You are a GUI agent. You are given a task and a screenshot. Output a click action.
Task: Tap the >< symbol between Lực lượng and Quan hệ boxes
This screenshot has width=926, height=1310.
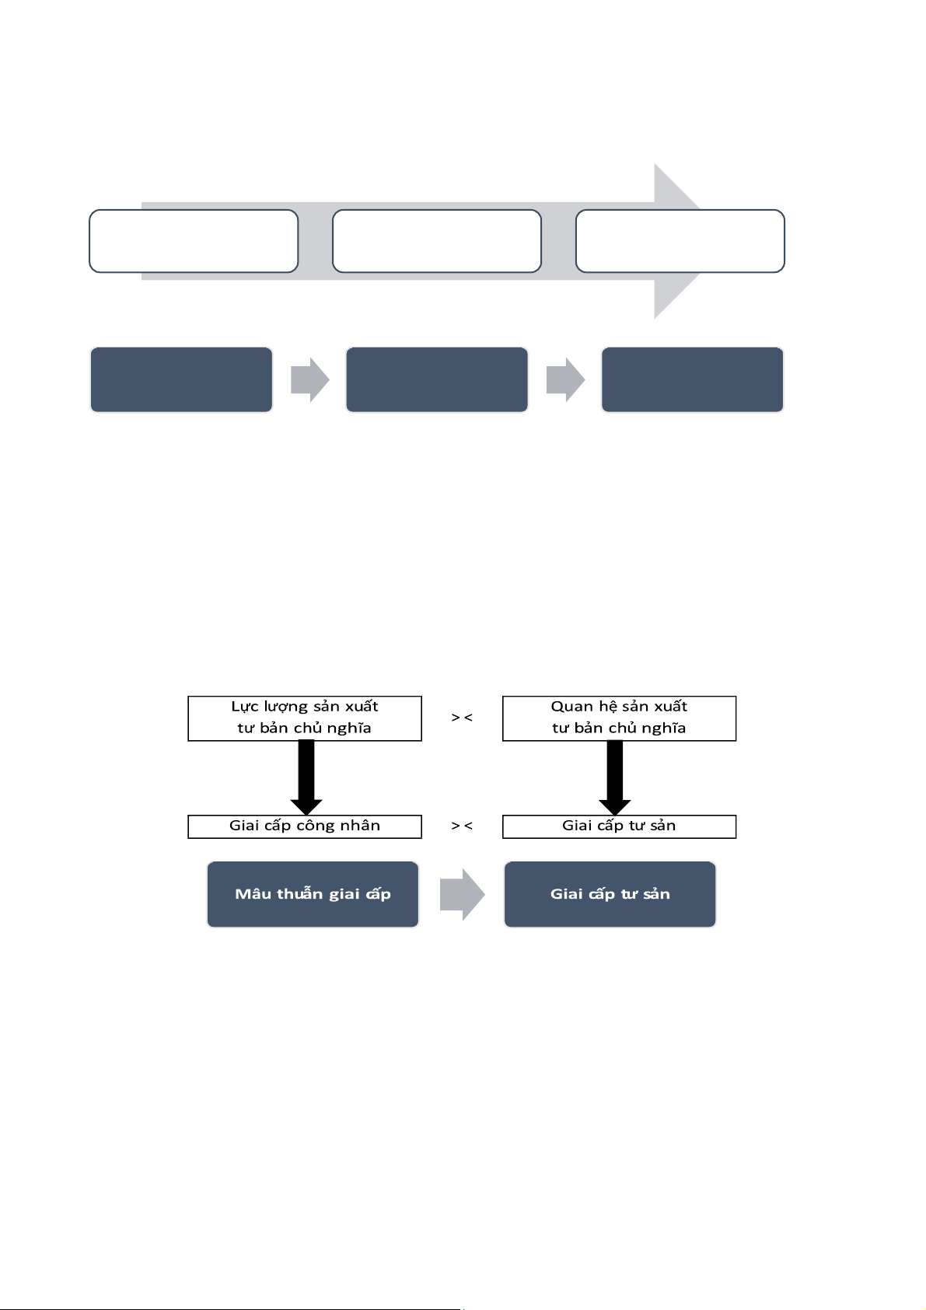tap(462, 717)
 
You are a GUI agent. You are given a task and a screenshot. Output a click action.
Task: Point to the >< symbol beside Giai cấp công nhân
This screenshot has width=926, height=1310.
tap(462, 826)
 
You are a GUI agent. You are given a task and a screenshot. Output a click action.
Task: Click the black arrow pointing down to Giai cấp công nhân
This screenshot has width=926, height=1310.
tap(306, 777)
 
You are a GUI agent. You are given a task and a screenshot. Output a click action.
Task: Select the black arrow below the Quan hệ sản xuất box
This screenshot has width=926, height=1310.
tap(614, 777)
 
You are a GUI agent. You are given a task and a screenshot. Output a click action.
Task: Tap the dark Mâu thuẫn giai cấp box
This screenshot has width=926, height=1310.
tap(313, 894)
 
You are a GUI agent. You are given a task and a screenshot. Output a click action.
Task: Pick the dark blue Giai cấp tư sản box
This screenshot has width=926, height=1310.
tap(610, 894)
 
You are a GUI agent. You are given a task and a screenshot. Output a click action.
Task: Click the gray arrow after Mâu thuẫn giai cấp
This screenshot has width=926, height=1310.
tap(462, 894)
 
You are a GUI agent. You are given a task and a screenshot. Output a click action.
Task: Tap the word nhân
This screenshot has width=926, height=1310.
tap(363, 825)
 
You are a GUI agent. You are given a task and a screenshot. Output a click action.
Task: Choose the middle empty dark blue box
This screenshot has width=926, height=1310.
tap(437, 379)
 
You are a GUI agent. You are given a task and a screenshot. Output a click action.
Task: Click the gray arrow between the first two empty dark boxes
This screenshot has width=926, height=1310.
tap(310, 379)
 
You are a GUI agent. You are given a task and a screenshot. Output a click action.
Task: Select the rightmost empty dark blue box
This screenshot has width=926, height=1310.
tap(693, 379)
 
